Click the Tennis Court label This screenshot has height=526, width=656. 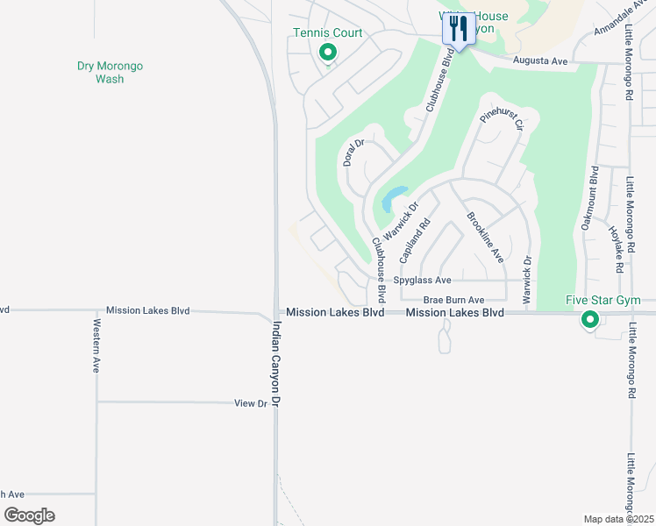coord(327,34)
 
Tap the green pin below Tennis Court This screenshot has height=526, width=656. coord(327,53)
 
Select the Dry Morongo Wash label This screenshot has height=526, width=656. coord(110,72)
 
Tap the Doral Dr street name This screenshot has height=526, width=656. coord(353,153)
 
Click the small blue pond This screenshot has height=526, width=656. coord(393,198)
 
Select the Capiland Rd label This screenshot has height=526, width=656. coord(412,241)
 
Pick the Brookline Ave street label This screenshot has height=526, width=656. coord(484,238)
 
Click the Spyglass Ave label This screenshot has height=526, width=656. coord(422,281)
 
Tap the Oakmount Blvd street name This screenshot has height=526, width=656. coord(589,199)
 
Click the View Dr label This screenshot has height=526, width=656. coord(250,403)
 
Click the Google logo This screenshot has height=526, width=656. coord(30,515)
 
